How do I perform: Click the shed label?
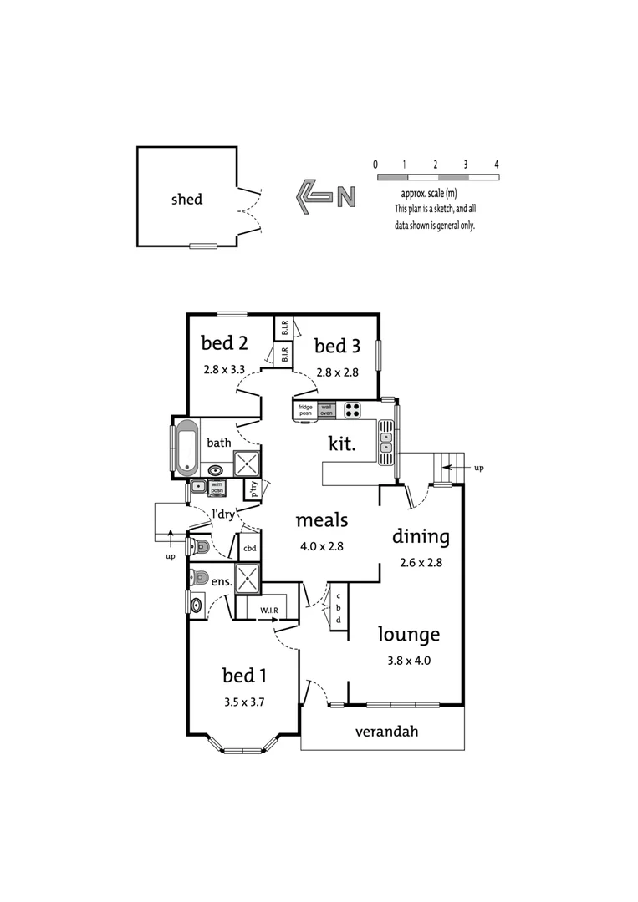point(186,199)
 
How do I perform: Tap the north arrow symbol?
point(326,197)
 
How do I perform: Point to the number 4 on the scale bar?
point(497,165)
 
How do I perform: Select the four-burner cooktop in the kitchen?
point(352,409)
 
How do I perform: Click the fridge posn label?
point(305,410)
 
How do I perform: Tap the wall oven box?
point(326,409)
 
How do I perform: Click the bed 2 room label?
point(225,343)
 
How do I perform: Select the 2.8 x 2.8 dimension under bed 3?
point(338,372)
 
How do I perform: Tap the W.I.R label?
point(269,610)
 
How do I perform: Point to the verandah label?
point(386,732)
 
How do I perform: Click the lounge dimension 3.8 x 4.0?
point(409,661)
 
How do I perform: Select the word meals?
point(322,520)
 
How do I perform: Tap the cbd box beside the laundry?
point(249,548)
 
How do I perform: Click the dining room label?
point(421,537)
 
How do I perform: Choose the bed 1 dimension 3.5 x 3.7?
point(244,702)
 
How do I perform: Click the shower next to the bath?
point(247,464)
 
